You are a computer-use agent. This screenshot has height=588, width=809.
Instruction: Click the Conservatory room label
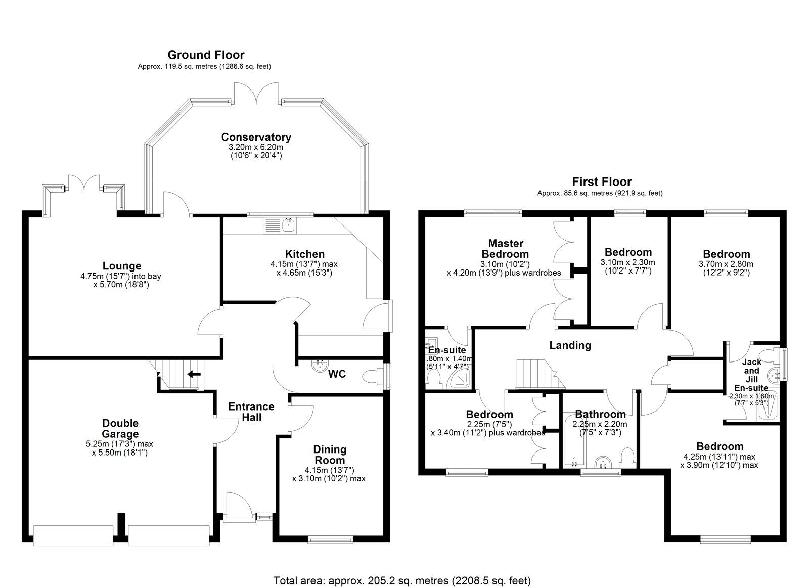point(256,137)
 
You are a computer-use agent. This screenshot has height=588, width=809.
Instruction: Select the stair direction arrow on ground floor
point(194,374)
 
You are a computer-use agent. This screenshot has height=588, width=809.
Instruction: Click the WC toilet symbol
point(372,376)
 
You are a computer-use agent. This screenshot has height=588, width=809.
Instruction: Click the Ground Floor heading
point(206,55)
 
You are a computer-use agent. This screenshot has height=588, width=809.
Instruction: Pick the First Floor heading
point(602,182)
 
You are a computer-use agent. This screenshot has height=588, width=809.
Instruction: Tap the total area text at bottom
point(402,580)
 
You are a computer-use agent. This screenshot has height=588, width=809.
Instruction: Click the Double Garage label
point(120,429)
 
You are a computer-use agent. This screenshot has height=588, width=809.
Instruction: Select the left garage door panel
point(73,535)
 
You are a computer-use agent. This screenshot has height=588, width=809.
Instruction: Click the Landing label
point(570,345)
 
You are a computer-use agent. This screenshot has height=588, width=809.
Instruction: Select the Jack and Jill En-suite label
point(751,375)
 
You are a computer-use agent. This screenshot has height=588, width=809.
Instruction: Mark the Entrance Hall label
point(251,412)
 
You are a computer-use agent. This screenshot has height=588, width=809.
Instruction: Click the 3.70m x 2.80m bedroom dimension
point(726,264)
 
